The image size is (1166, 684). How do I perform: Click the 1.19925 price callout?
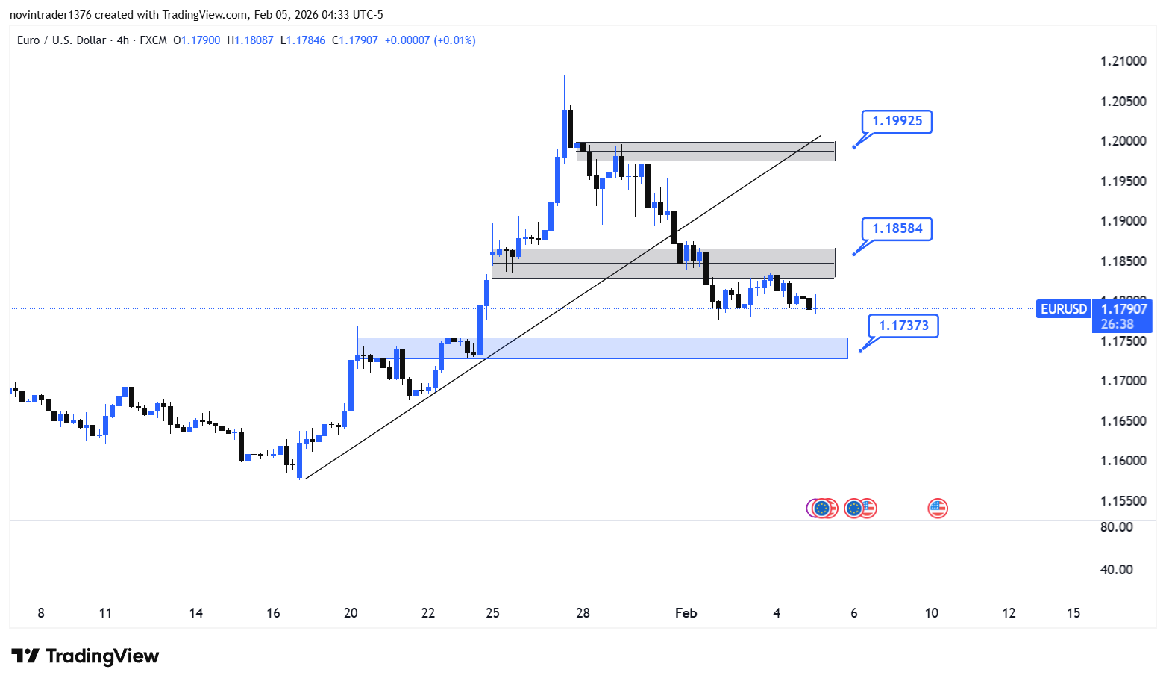coord(897,121)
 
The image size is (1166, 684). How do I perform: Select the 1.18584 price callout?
coord(897,228)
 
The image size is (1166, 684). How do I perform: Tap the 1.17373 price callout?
coord(903,326)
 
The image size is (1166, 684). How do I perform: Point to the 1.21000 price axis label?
coord(1123,61)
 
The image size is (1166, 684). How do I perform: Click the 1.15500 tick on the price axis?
coord(1123,501)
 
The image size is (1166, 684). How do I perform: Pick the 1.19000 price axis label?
coord(1123,221)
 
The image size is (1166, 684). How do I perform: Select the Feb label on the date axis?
coord(686,613)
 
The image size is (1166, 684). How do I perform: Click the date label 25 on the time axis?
coord(492,613)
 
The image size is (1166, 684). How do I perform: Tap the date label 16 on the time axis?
coord(273,613)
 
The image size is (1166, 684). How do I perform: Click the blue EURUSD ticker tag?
coord(1063,309)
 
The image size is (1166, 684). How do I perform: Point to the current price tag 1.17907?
coord(1123,309)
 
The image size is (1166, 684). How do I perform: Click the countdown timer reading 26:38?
coord(1117,324)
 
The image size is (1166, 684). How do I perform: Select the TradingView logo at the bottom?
coord(85,656)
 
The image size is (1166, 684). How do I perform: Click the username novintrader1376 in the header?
coord(50,15)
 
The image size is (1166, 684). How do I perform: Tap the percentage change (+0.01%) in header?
coord(454,40)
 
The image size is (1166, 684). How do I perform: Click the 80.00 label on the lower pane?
coord(1116,527)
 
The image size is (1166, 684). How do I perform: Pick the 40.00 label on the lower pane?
coord(1116,570)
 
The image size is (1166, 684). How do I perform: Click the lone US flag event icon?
coord(937,509)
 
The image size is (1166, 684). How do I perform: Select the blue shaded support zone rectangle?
coord(602,348)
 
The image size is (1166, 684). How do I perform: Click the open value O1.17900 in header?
coord(197,40)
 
